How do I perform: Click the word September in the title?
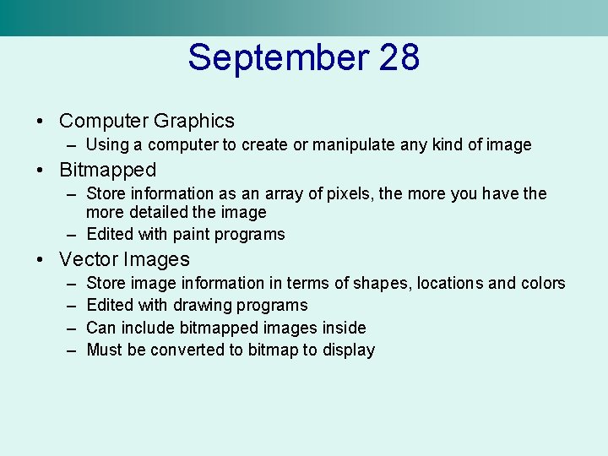tap(278, 58)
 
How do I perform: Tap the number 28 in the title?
tap(399, 58)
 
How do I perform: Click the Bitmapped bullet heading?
tap(108, 171)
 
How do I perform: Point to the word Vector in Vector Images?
tap(90, 259)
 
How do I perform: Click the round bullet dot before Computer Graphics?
tap(41, 122)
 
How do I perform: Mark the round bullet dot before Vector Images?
tap(41, 260)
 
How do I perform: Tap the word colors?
tap(544, 283)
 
